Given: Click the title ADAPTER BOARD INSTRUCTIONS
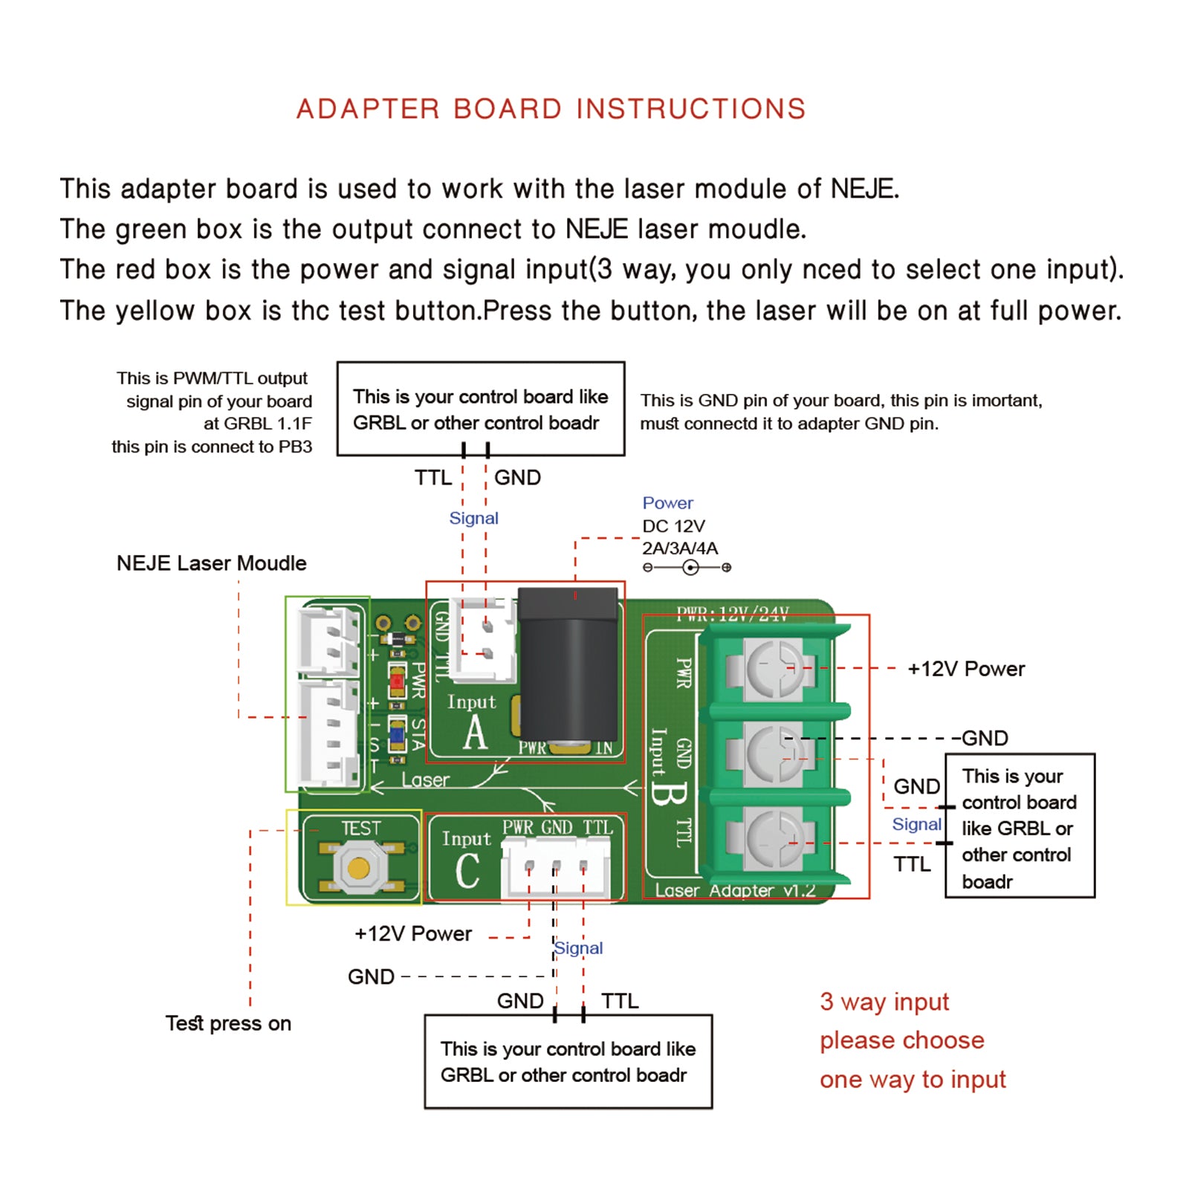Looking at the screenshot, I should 551,109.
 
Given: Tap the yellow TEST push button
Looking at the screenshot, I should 359,867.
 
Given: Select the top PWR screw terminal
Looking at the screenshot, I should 774,668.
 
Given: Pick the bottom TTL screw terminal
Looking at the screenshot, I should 774,839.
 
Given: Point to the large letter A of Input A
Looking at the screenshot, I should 475,733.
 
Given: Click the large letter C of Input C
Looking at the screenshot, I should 467,871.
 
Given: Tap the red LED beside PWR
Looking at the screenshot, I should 397,680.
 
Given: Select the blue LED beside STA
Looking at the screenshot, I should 397,736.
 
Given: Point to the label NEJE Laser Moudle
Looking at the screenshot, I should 211,563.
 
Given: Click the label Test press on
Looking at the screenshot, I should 228,1023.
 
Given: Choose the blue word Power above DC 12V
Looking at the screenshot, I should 667,503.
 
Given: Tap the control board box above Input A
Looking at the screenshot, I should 481,409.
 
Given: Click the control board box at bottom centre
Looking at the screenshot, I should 568,1062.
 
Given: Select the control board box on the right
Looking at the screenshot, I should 1020,826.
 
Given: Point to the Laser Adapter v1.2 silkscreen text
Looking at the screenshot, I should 734,890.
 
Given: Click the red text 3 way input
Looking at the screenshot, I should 884,1002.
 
